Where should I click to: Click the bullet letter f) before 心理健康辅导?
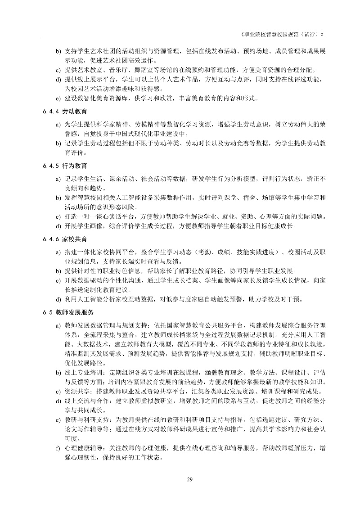pyautogui.click(x=58, y=448)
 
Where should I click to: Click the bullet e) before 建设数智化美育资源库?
pyautogui.click(x=58, y=98)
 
